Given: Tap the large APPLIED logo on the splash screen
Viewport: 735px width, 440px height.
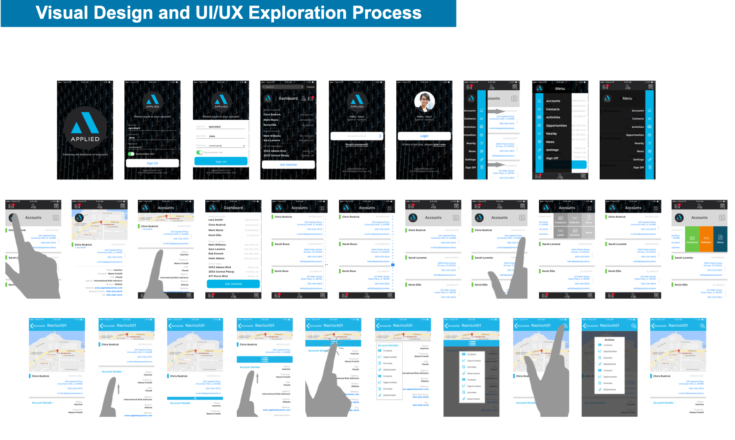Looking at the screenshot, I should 85,128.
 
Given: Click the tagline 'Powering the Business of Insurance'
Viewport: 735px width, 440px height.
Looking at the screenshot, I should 85,155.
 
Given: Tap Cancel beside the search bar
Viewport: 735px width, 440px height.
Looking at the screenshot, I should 310,87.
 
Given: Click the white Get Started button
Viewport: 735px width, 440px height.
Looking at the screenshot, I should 288,165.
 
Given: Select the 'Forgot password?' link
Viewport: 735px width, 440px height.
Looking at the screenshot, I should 357,144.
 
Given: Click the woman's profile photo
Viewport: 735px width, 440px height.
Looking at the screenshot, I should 424,102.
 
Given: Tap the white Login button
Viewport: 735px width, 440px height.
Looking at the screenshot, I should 424,136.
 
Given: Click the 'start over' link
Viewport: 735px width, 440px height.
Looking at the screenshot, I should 440,144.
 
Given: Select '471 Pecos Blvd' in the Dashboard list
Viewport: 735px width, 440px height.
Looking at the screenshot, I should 218,276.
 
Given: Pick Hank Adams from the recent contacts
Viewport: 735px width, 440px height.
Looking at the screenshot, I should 216,258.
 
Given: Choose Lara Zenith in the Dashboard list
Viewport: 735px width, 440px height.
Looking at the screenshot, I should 215,220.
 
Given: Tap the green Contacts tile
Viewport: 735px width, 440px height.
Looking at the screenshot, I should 692,239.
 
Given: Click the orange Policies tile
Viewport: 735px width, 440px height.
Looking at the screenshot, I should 706,239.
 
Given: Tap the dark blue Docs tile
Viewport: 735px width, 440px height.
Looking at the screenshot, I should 720,239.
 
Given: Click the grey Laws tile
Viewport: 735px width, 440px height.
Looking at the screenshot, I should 560,232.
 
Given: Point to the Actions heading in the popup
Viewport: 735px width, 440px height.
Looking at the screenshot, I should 609,340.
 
